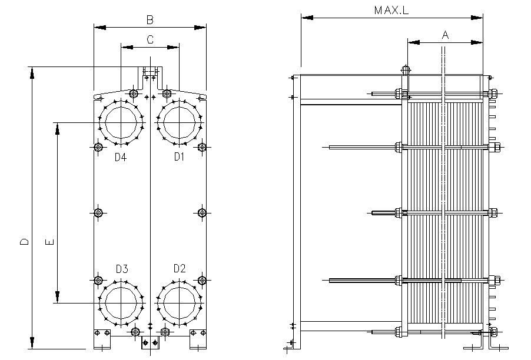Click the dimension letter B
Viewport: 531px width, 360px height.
pyautogui.click(x=150, y=19)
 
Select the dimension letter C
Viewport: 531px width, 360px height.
pyautogui.click(x=150, y=39)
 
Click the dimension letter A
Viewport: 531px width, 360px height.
pyautogui.click(x=445, y=35)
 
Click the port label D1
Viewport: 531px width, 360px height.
pyautogui.click(x=179, y=156)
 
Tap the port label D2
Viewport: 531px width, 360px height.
pyautogui.click(x=180, y=269)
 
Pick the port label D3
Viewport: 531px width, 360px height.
pyautogui.click(x=121, y=269)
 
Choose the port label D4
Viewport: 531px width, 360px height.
pyautogui.click(x=120, y=156)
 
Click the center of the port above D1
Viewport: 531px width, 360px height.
pyautogui.click(x=179, y=122)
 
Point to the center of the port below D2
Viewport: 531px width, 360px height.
pyautogui.click(x=179, y=303)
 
